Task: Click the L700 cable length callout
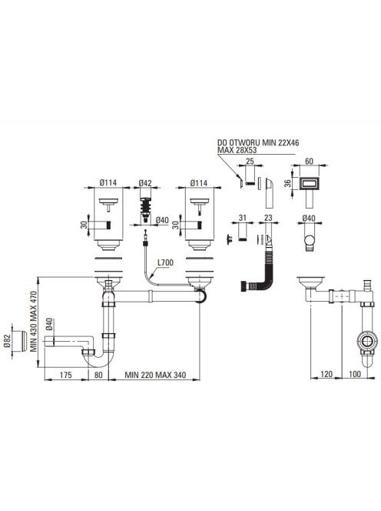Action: [x=165, y=262]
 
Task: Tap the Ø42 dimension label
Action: [x=145, y=183]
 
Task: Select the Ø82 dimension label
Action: [x=8, y=341]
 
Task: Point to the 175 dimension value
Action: [x=66, y=375]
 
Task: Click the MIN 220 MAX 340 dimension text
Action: [x=155, y=375]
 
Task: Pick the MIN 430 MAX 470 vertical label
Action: [x=34, y=322]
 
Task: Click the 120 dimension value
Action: [x=326, y=374]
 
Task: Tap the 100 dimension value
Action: [x=355, y=374]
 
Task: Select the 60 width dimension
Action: [x=309, y=162]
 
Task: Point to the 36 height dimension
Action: [x=287, y=183]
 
